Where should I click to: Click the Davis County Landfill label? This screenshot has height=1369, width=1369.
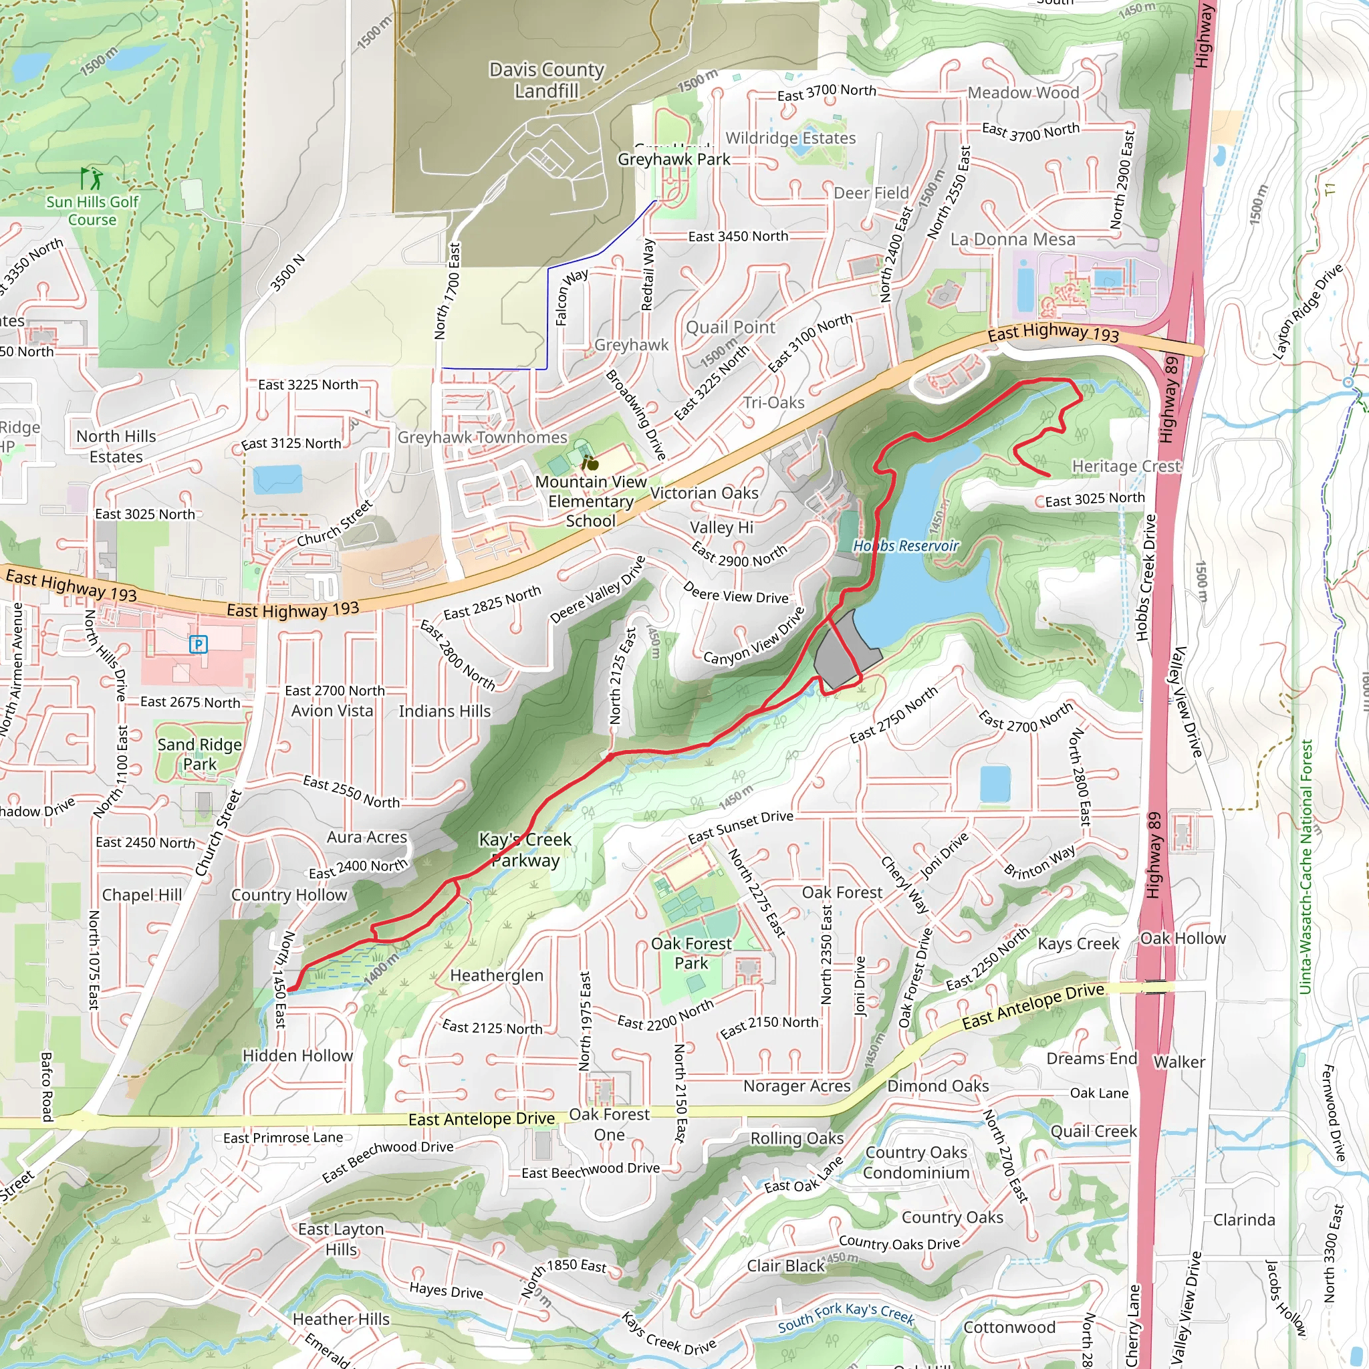click(546, 80)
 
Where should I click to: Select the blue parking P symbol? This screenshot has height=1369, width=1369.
click(199, 644)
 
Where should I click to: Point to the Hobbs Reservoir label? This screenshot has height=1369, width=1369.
click(906, 545)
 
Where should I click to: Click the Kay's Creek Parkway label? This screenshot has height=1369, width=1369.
click(525, 850)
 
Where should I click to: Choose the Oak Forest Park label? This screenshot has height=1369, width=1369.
click(691, 953)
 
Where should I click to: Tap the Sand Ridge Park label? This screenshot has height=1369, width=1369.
click(199, 754)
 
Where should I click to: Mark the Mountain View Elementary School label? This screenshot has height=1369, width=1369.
click(590, 501)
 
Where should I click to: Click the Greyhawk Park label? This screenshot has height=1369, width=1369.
click(673, 160)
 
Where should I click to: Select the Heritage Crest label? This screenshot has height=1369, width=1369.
click(1126, 467)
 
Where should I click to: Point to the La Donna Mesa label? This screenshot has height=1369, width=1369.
click(1012, 239)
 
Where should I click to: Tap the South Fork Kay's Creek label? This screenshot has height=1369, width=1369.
click(846, 1317)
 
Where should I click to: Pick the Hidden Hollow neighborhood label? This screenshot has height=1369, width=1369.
click(297, 1055)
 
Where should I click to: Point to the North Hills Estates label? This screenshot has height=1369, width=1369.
click(116, 447)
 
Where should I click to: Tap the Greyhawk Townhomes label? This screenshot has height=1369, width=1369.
click(482, 437)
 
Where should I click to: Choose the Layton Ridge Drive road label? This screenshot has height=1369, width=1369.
click(1308, 312)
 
